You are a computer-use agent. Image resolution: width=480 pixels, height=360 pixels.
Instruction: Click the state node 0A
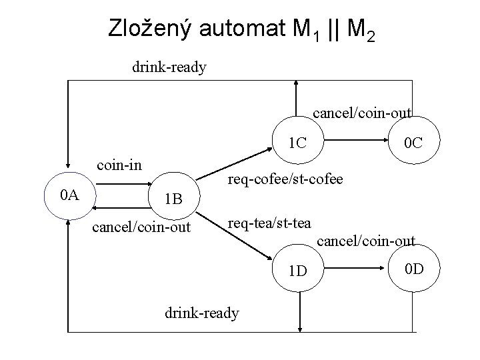(69, 195)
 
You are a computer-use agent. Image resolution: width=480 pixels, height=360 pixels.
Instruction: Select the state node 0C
(413, 143)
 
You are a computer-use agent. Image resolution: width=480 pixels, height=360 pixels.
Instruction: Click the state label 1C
(297, 142)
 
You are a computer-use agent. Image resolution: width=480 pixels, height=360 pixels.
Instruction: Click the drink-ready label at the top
(169, 67)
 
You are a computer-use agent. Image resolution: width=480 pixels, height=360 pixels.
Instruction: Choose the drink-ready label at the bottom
(201, 312)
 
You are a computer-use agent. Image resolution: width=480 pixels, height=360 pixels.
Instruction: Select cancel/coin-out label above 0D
(365, 240)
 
